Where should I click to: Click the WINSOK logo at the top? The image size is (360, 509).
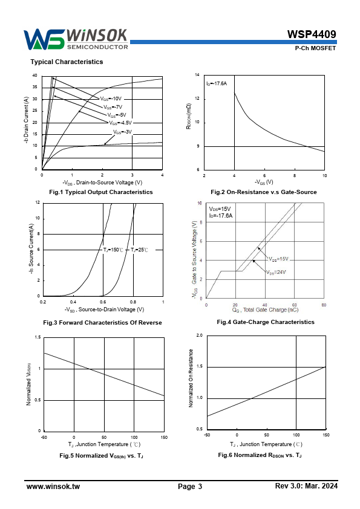(76, 39)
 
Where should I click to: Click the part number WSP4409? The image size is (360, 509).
(312, 34)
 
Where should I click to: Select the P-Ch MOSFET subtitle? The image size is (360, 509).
(315, 48)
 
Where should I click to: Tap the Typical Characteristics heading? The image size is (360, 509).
(67, 62)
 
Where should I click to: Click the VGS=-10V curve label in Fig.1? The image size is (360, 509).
(111, 99)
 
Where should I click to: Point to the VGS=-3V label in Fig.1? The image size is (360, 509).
(122, 132)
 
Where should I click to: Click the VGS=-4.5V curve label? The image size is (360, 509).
(120, 123)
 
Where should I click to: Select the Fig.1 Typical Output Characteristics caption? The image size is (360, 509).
(100, 192)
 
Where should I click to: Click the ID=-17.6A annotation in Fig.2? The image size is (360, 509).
(217, 84)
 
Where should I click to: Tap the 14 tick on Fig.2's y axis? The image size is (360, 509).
(197, 75)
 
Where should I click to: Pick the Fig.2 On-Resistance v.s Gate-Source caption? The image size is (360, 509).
(264, 192)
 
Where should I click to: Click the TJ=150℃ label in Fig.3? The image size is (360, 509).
(113, 250)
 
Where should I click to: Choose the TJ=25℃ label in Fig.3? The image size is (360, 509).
(139, 250)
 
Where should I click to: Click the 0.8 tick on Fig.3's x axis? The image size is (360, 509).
(133, 302)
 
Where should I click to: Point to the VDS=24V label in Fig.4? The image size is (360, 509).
(276, 273)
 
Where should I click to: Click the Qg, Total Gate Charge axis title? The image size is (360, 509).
(265, 310)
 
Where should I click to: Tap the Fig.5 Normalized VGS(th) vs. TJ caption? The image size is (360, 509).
(101, 456)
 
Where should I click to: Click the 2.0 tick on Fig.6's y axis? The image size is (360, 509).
(199, 336)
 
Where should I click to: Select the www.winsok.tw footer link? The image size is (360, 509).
(53, 486)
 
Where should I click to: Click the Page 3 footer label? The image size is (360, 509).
(190, 486)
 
